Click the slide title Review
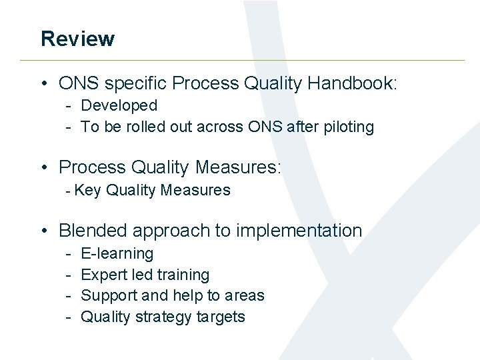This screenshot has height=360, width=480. click(x=77, y=39)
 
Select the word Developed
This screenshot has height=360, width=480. click(x=119, y=105)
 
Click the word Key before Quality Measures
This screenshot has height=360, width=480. click(x=87, y=191)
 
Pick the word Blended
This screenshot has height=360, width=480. click(x=93, y=231)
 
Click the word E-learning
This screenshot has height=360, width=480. click(x=117, y=254)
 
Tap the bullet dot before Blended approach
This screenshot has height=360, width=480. click(x=43, y=231)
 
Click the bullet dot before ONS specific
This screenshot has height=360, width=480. click(x=43, y=84)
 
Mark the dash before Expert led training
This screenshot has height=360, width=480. click(x=69, y=275)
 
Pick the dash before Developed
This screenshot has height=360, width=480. click(x=69, y=105)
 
